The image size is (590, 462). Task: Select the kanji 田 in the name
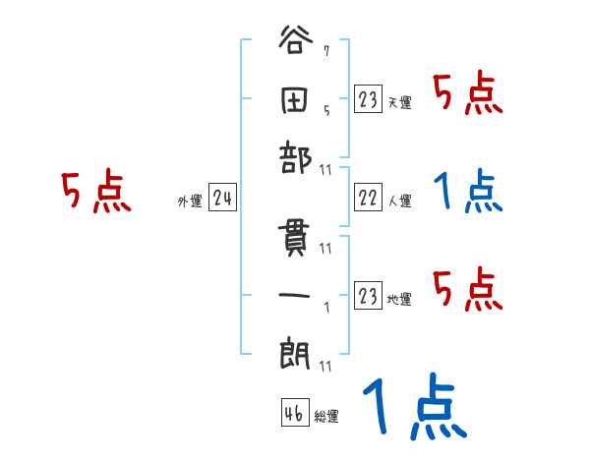pos(296,100)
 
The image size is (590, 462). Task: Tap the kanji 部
pos(296,158)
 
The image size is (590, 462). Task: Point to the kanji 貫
pos(296,239)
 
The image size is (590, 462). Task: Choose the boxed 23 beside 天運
pos(368,99)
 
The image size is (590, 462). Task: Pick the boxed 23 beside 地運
pos(368,296)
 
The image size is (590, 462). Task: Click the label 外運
pos(190,202)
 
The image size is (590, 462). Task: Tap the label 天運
pos(400,102)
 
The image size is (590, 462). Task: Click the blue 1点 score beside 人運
pos(469,193)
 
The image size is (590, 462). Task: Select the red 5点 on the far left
pos(96,193)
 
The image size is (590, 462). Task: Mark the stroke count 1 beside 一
pos(325,305)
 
